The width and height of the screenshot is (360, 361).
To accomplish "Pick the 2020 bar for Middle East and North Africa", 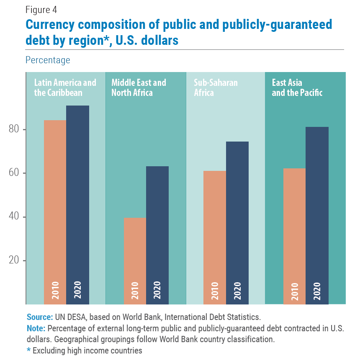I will (x=157, y=235).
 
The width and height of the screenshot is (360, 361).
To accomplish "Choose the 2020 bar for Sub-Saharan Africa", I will (x=237, y=222).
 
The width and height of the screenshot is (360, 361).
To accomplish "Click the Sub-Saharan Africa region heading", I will (x=216, y=88).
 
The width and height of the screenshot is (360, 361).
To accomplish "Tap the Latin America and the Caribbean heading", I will (x=65, y=88).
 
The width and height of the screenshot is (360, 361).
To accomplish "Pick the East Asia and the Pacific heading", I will (x=297, y=88).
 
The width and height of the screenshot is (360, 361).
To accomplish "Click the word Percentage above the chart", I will (x=48, y=60).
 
